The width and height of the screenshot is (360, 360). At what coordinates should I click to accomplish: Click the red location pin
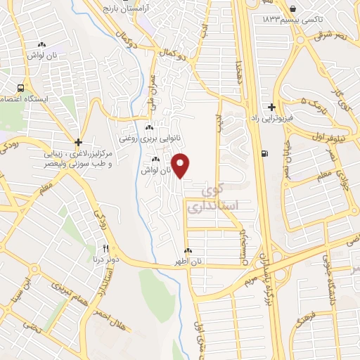(x=181, y=165)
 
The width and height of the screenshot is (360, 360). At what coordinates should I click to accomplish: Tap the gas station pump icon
(x=264, y=154)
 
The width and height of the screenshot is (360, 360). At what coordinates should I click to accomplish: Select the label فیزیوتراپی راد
(x=271, y=119)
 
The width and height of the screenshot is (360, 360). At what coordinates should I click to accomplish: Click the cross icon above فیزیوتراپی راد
(x=271, y=107)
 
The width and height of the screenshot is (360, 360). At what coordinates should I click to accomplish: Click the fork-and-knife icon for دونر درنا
(x=106, y=248)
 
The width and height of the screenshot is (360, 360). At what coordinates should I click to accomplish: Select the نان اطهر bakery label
(x=188, y=262)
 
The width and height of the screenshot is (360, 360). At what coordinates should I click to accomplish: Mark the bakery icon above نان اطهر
(x=188, y=251)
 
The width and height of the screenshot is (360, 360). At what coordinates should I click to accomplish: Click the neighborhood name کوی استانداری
(x=213, y=198)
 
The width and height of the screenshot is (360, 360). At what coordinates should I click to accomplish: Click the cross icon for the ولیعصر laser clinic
(x=79, y=142)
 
